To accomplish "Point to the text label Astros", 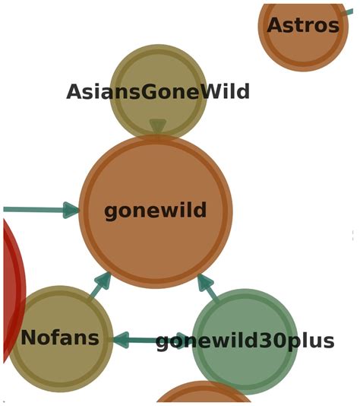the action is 303,25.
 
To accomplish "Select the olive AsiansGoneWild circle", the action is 158,91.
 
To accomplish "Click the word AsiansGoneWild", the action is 158,92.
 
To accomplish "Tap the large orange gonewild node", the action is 156,211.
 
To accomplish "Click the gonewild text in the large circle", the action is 156,211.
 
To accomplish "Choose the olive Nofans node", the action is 60,338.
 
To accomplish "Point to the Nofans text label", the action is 60,338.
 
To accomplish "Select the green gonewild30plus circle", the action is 245,341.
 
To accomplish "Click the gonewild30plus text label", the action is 245,342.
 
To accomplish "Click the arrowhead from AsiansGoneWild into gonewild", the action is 158,126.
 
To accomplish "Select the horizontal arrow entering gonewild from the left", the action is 41,210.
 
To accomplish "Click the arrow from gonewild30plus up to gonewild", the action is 208,288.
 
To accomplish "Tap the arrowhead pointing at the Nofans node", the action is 121,340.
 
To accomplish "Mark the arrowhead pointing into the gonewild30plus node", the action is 184,340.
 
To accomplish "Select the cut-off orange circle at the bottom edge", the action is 204,392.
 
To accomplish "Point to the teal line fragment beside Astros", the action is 347,12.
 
